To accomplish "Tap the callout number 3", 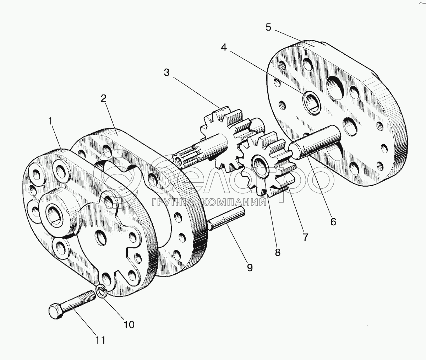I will [167, 72].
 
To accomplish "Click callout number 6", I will [333, 221].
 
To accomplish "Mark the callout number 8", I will [277, 252].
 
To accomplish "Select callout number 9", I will [250, 267].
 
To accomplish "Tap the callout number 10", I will [129, 324].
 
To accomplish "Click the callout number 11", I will [100, 340].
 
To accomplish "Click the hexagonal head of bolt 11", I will [55, 311].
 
